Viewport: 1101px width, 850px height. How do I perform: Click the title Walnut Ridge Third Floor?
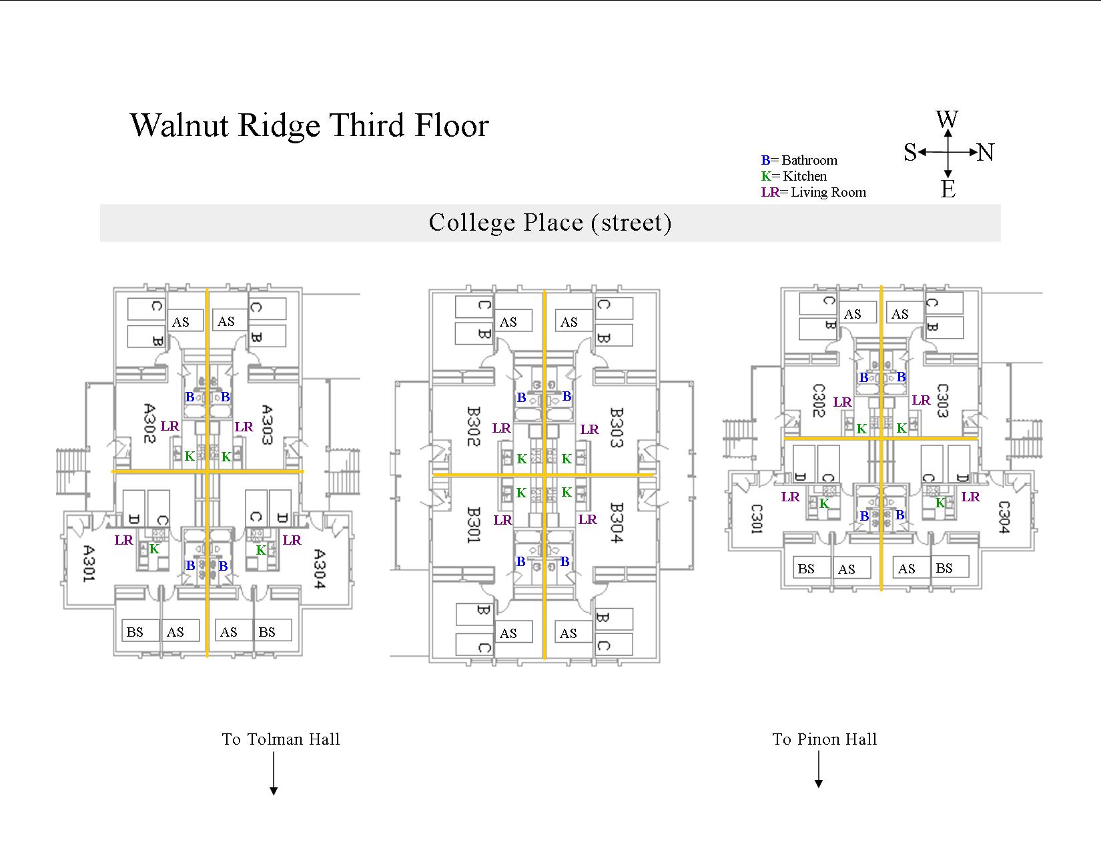tap(310, 125)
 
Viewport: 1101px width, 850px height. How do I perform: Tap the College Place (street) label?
tap(550, 223)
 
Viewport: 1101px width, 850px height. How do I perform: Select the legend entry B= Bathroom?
tap(799, 160)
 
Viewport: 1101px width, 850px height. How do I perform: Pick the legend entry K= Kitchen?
tap(794, 176)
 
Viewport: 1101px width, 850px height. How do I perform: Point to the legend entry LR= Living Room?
tap(813, 192)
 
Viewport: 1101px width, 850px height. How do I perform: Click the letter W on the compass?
tap(947, 120)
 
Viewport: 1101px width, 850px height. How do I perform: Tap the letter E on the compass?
tap(948, 189)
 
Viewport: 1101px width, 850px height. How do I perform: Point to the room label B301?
tap(473, 525)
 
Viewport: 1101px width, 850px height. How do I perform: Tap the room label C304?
tap(1004, 517)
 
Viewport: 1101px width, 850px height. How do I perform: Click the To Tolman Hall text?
tap(281, 739)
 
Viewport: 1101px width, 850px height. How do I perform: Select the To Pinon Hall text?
tap(825, 739)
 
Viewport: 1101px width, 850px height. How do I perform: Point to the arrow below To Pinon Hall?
tap(819, 770)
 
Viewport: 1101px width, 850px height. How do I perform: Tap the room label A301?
tap(87, 564)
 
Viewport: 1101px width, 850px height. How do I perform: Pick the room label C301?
tap(756, 519)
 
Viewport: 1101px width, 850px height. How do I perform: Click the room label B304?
tap(615, 523)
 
